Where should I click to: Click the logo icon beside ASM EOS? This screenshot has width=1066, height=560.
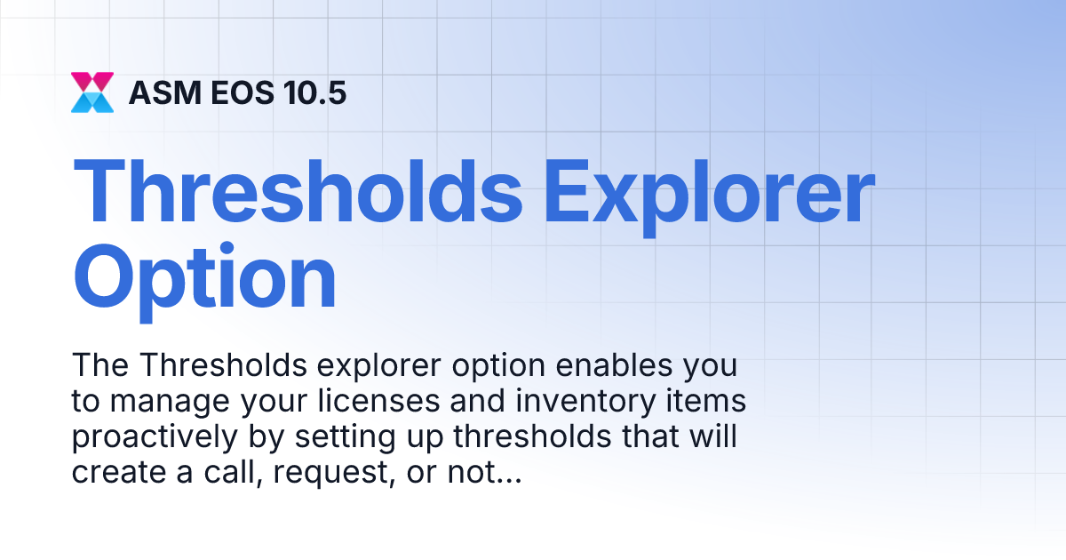[x=92, y=92]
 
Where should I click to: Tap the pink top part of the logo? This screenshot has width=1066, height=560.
[x=92, y=81]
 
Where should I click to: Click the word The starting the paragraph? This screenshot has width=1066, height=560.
[x=100, y=366]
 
